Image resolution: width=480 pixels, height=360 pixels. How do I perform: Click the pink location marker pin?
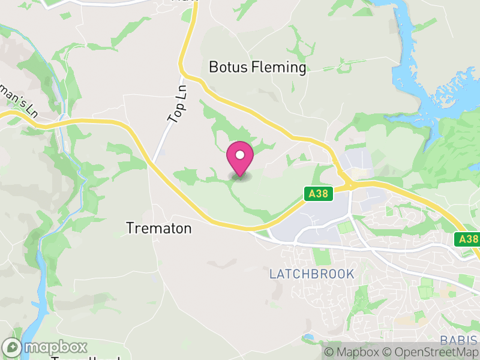pyautogui.click(x=240, y=160)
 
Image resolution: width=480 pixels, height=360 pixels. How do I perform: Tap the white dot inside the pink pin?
pyautogui.click(x=240, y=155)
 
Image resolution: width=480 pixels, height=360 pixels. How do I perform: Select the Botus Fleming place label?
pyautogui.click(x=257, y=67)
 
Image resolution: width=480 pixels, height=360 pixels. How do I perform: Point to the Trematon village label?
pyautogui.click(x=159, y=229)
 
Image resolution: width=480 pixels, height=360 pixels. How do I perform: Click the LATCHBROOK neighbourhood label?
pyautogui.click(x=311, y=274)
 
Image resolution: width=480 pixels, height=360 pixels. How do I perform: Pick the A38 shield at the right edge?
pyautogui.click(x=467, y=239)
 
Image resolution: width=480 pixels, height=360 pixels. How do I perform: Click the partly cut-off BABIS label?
pyautogui.click(x=458, y=340)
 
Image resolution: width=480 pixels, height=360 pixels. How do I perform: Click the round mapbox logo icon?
pyautogui.click(x=13, y=347)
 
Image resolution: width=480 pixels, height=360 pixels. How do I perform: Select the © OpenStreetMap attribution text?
pyautogui.click(x=430, y=352)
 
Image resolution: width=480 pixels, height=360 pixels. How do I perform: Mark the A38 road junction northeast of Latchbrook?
pyautogui.click(x=348, y=185)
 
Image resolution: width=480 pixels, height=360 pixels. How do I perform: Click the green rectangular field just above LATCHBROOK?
pyautogui.click(x=322, y=255)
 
